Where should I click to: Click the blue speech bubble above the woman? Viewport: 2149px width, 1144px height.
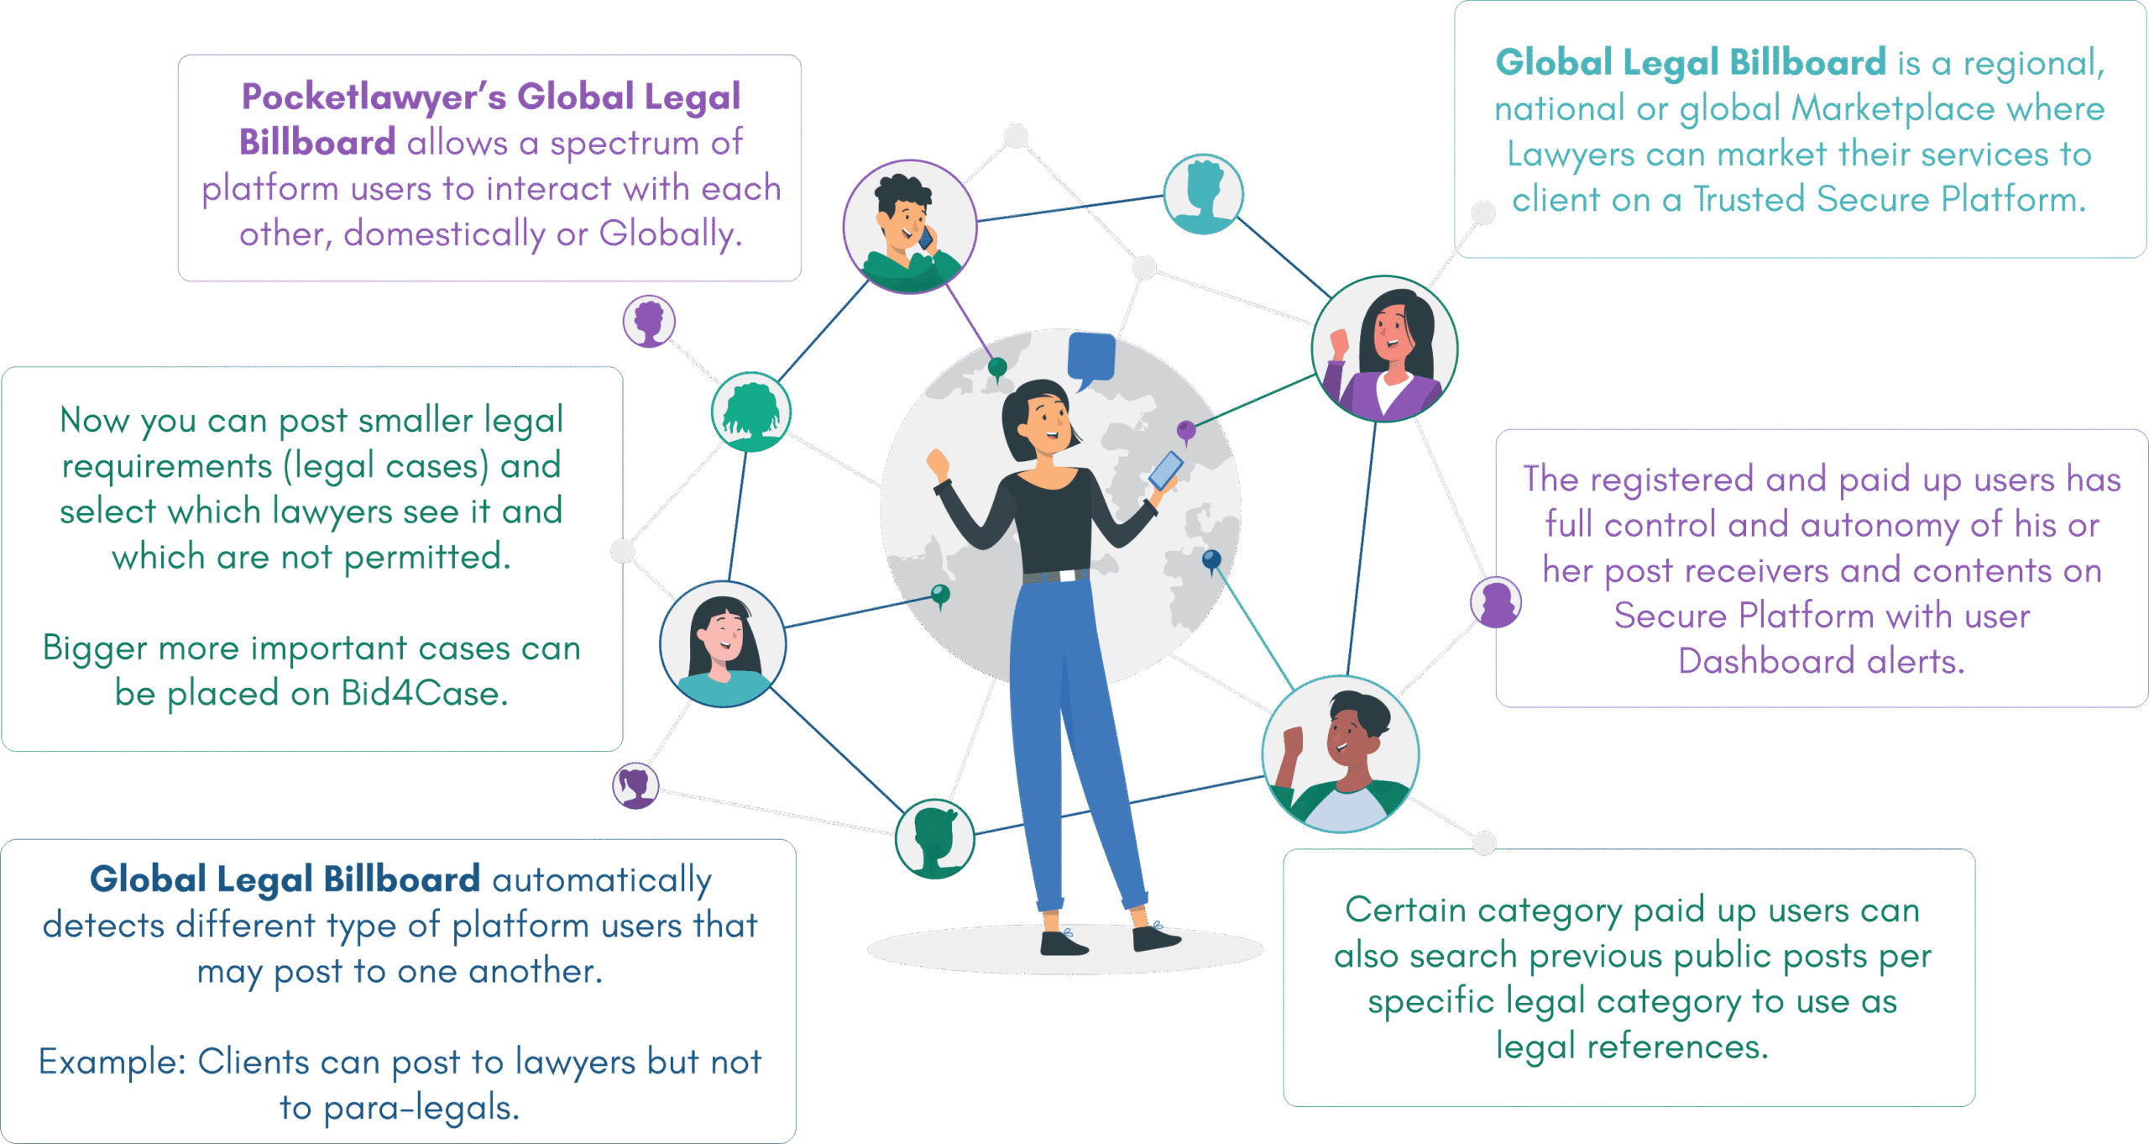tap(1090, 357)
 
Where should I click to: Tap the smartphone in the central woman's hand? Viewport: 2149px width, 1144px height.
tap(1164, 470)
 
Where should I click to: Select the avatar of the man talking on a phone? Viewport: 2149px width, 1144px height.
tap(910, 227)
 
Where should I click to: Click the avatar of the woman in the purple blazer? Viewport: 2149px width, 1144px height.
tap(1385, 349)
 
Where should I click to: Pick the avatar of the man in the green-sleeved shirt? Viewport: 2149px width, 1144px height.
tap(1341, 754)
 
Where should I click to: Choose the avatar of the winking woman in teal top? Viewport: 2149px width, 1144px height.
tap(723, 644)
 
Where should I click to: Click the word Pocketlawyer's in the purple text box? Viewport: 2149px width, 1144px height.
tap(374, 97)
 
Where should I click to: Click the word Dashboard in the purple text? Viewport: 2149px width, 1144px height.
tap(1765, 662)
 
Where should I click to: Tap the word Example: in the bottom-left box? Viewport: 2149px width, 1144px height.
tap(112, 1063)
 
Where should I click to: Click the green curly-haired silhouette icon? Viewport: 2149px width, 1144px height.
tap(750, 412)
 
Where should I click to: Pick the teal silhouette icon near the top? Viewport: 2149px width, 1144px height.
tap(1203, 194)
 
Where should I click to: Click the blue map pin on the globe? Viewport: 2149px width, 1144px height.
tap(1211, 559)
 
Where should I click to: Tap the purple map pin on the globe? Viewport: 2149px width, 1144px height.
tap(1186, 430)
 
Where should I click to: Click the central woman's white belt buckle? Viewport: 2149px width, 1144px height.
tap(1068, 576)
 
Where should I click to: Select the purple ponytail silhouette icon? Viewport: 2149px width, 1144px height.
tap(635, 786)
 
